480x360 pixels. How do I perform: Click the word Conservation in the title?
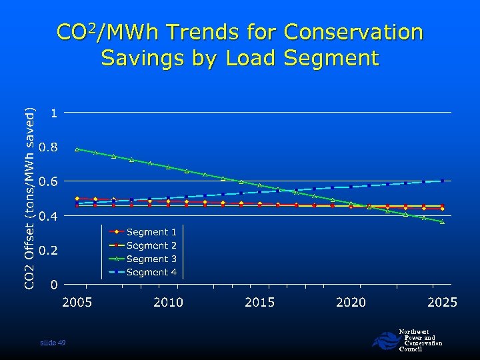coord(353,32)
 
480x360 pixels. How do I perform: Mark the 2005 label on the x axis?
coord(77,303)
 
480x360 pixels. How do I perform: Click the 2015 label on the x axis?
coord(259,303)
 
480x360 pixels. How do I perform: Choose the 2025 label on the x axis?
coord(442,303)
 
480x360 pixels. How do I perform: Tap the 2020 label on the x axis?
coord(351,303)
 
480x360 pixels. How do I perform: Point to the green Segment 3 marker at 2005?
coord(77,149)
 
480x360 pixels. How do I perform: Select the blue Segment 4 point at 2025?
coord(442,181)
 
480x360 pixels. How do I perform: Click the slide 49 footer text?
coord(53,343)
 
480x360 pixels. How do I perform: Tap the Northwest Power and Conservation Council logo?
coord(407,341)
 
